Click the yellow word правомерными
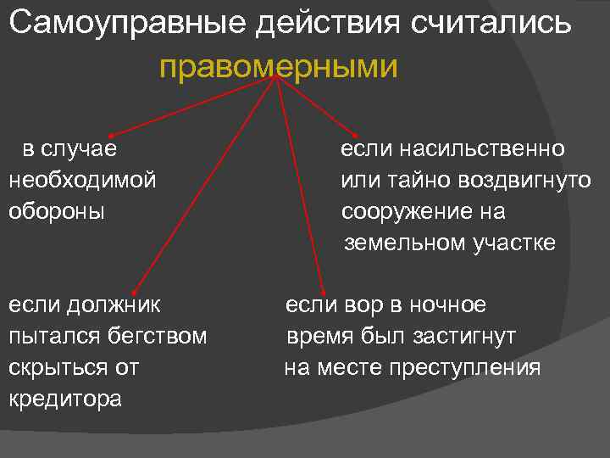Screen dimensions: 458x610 point(278,66)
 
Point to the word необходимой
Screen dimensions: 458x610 point(82,180)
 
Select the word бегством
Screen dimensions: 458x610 point(158,337)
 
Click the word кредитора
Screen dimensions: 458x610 point(65,399)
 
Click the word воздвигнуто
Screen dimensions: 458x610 point(524,181)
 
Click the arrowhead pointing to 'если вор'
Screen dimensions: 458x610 point(323,293)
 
